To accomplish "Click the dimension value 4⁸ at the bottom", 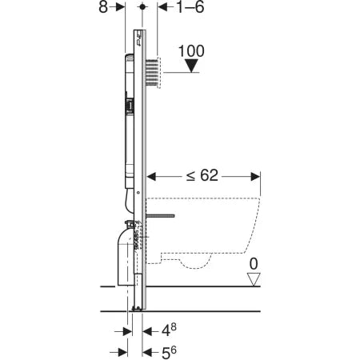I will click(x=163, y=329).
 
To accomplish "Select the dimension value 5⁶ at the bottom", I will click(x=163, y=351).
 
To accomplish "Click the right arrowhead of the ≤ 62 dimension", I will click(x=256, y=175).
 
